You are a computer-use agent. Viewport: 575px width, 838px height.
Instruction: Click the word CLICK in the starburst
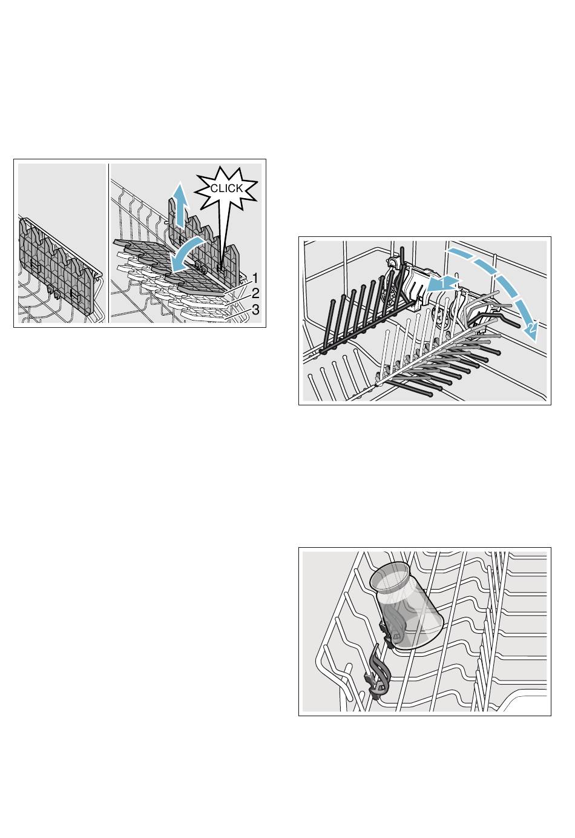tap(227, 188)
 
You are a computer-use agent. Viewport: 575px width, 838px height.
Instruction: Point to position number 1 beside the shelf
tap(255, 278)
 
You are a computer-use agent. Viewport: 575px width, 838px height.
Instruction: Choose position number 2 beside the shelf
tap(255, 293)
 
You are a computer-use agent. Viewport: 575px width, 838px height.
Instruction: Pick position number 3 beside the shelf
tap(255, 310)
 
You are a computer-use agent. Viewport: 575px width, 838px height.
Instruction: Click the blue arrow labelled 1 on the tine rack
tap(444, 284)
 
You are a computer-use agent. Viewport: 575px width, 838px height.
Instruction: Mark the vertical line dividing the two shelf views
tap(108, 243)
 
